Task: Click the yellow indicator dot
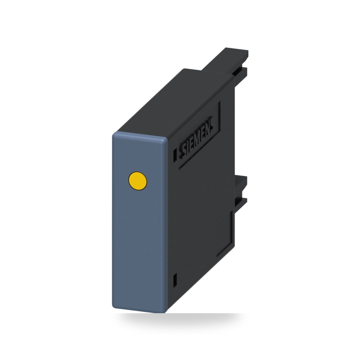137,181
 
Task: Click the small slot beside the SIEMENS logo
175,153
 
